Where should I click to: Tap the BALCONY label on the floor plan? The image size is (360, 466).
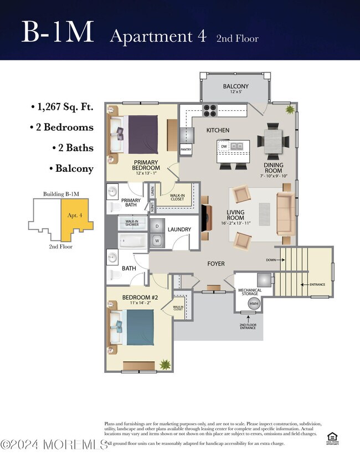click(235, 86)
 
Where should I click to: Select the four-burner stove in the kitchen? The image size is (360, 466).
click(210, 110)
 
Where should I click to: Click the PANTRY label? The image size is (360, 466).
click(186, 149)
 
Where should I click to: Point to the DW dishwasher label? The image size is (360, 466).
click(224, 146)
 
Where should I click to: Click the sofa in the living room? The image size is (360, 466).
click(285, 213)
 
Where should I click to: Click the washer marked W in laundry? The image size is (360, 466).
click(157, 241)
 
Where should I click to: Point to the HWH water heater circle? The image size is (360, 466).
click(254, 304)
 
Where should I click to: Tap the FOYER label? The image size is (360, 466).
click(215, 264)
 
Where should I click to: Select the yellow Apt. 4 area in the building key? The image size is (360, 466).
click(74, 216)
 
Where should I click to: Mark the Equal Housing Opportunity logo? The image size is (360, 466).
click(332, 438)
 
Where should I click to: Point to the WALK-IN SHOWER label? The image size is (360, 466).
click(131, 223)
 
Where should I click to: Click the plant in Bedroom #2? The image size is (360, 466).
click(164, 364)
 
